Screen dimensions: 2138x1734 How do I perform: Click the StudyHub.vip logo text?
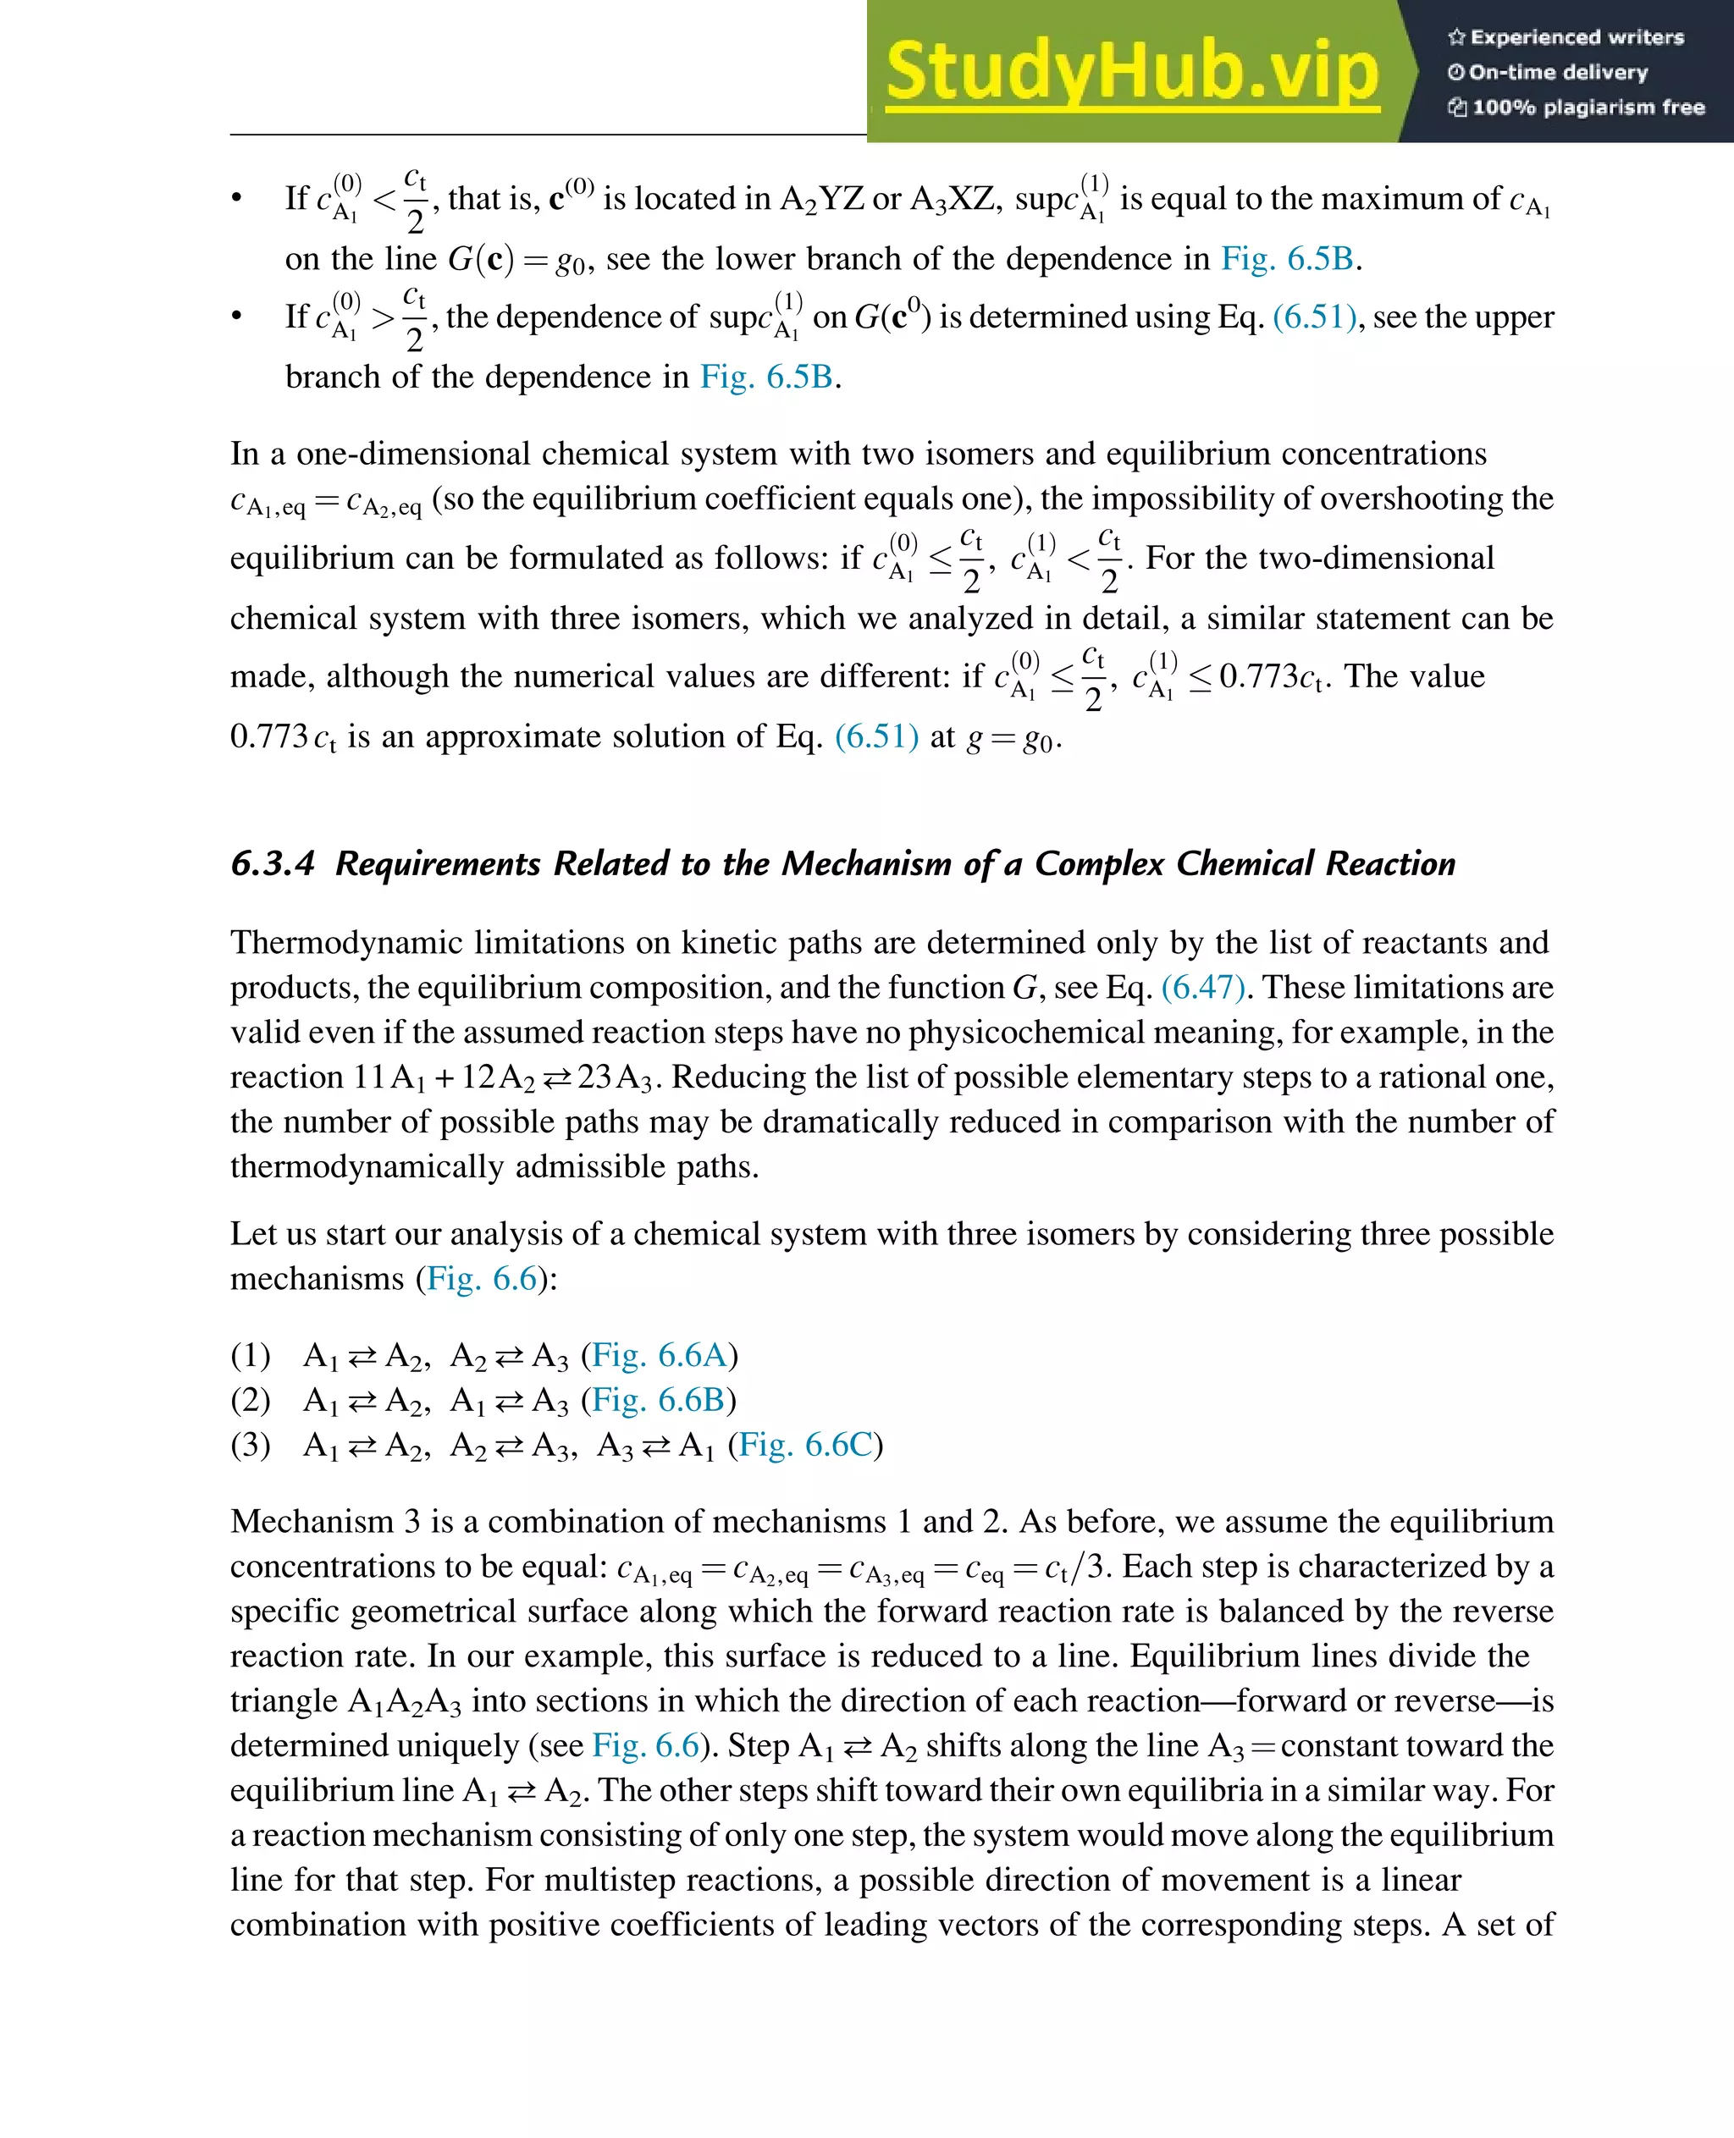1132,72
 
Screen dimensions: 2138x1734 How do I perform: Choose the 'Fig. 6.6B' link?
658,1400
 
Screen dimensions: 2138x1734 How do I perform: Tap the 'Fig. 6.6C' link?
805,1445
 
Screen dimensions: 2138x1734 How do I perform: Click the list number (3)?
251,1445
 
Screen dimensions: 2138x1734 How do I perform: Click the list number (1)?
251,1355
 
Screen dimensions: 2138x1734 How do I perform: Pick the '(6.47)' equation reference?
1202,988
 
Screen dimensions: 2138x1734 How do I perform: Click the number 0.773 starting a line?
268,736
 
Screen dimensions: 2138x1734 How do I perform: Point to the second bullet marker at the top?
237,317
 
